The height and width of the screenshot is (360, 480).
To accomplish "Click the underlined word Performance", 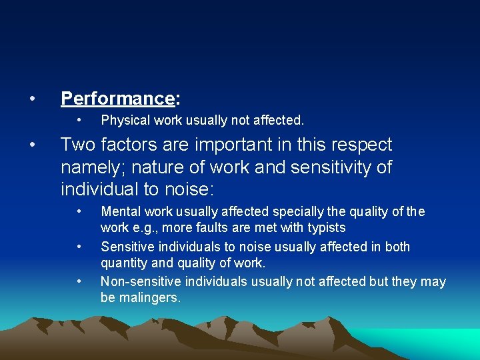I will pos(117,99).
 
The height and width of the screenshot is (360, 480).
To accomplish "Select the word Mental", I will pos(119,212).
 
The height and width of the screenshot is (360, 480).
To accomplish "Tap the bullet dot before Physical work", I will pos(79,121).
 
